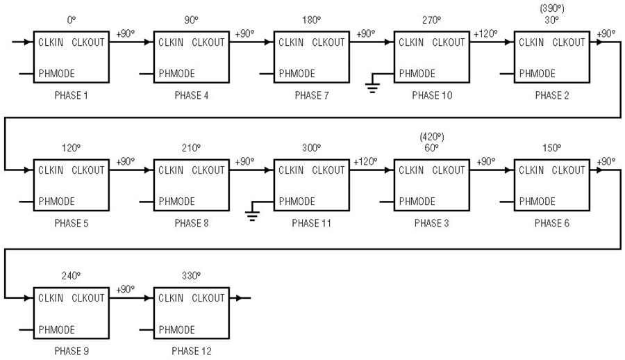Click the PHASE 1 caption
[x=71, y=95]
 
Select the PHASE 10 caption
[x=432, y=95]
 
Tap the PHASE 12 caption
[x=192, y=351]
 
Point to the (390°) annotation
[x=552, y=8]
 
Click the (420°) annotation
[x=432, y=137]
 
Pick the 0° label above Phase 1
[x=72, y=19]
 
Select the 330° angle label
[x=192, y=275]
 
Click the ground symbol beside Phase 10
[x=372, y=88]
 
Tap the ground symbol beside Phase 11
[x=252, y=215]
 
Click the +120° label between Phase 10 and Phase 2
[x=485, y=34]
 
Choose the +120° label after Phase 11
[x=365, y=162]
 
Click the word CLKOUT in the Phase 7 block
[x=328, y=42]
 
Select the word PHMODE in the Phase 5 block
[x=57, y=201]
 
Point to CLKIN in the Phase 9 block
[x=51, y=298]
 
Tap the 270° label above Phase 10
[x=432, y=19]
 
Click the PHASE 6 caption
[x=552, y=223]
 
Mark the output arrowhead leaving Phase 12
[x=238, y=298]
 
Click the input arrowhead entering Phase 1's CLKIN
[x=28, y=42]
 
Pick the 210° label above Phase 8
[x=192, y=147]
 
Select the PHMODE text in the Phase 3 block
[x=417, y=201]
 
